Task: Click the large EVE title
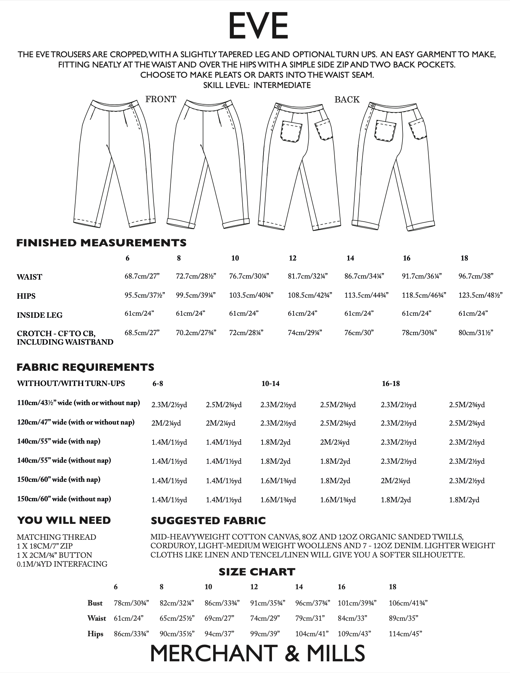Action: (x=258, y=26)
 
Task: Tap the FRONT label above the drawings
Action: (x=161, y=99)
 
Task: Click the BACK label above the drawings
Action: (x=347, y=100)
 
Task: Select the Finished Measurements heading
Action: (x=102, y=243)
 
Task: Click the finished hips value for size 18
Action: (x=480, y=295)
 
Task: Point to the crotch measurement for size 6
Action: (x=142, y=332)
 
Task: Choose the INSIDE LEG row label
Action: (x=39, y=315)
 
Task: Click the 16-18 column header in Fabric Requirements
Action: (x=390, y=384)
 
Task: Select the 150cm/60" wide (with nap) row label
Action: (x=59, y=480)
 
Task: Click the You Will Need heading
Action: (x=64, y=520)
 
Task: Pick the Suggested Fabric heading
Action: (x=208, y=521)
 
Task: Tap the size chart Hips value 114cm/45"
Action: (x=405, y=634)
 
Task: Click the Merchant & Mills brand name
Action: (x=257, y=654)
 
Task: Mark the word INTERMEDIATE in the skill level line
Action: (x=282, y=85)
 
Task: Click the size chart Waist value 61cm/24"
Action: (x=129, y=618)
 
